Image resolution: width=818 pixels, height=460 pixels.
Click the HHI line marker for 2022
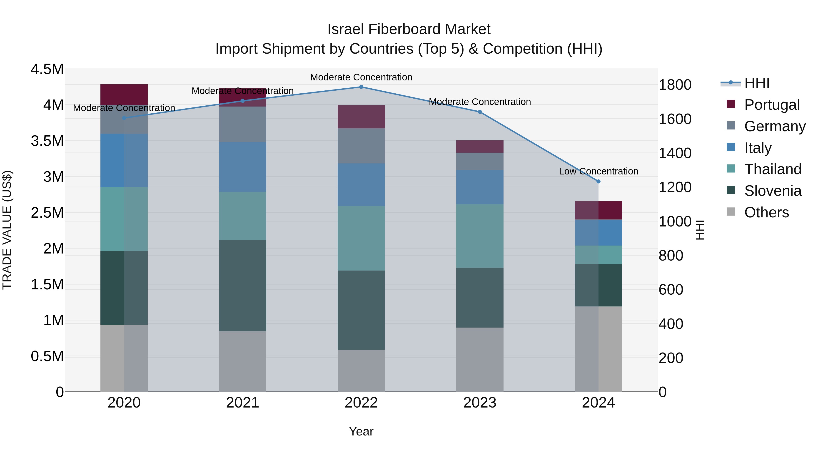[361, 87]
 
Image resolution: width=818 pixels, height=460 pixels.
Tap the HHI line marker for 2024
[598, 181]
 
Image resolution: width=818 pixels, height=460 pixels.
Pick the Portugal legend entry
[772, 104]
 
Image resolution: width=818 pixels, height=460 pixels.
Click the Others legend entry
[766, 212]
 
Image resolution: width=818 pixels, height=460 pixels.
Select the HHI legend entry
[757, 83]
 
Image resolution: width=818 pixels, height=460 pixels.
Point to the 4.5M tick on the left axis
[47, 69]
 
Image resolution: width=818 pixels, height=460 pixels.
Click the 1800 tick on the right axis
[675, 85]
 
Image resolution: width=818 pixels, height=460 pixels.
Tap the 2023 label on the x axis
[479, 403]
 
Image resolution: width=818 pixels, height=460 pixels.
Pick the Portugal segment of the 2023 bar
[479, 146]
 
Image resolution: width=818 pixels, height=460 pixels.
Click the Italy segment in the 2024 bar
[598, 232]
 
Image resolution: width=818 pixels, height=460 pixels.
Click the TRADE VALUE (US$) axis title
[7, 230]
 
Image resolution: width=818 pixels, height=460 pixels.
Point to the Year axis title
[361, 431]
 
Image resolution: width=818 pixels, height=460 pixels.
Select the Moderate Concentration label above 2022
[361, 77]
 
